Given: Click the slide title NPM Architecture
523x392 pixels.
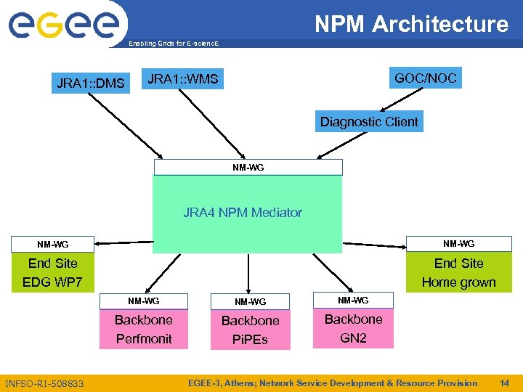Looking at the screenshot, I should [411, 25].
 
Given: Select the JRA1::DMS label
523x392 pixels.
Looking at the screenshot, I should [91, 83].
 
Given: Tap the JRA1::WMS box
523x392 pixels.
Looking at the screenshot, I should [182, 78].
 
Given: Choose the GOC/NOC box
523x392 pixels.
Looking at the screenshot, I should [425, 78].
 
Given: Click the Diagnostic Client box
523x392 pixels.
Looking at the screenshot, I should [369, 121].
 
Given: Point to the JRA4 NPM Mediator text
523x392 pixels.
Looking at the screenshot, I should [242, 213].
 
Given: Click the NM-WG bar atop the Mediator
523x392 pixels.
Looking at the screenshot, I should [248, 168].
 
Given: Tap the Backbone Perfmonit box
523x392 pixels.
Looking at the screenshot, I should [144, 329].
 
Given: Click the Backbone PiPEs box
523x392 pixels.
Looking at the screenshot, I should [250, 330].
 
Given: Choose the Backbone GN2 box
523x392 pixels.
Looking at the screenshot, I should [353, 328].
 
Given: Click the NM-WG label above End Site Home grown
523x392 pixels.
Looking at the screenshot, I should [458, 244].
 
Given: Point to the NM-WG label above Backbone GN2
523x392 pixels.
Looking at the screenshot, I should [353, 300].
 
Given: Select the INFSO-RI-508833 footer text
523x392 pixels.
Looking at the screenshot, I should [44, 383].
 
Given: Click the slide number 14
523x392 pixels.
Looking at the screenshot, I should [505, 383].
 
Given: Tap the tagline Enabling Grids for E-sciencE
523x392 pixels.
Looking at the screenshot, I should [173, 44].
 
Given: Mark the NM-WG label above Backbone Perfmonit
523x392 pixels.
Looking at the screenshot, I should [144, 301].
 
